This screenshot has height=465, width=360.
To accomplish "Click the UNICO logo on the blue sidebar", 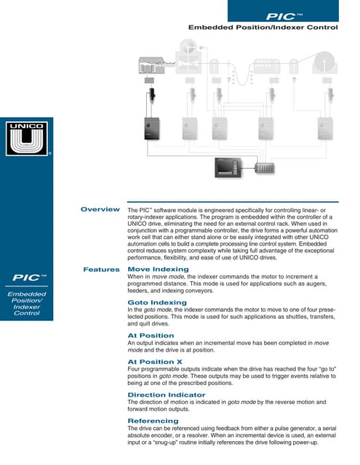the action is tap(26, 139).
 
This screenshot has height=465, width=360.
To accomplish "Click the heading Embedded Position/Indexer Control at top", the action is tap(263, 28).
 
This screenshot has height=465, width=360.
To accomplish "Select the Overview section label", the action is tap(100, 210).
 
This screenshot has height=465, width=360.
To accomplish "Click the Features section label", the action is tap(102, 270).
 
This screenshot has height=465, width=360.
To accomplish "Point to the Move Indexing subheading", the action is tap(158, 270).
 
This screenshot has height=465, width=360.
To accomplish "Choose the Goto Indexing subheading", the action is tap(157, 302).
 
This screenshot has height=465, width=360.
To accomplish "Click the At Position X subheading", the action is tap(155, 361).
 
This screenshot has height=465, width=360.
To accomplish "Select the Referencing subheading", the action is tap(153, 421).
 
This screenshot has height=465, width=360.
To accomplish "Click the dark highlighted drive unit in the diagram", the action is tap(151, 127).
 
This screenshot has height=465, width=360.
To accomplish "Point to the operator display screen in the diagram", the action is tap(230, 168).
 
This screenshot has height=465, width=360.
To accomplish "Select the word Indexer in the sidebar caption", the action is tap(27, 307).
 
